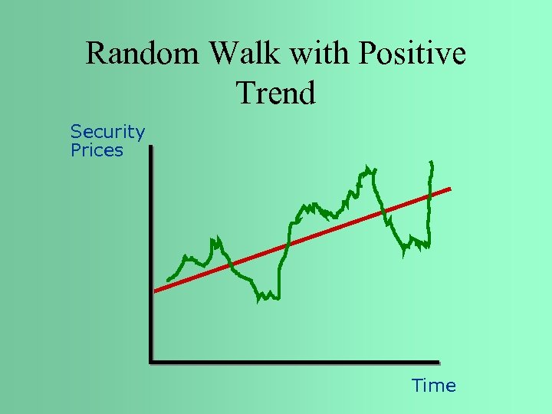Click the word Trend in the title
[x=276, y=94]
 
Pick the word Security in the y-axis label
[x=107, y=132]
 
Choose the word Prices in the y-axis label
[x=97, y=150]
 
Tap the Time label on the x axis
[x=433, y=386]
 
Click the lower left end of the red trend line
[x=156, y=291]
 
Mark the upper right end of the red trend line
[x=450, y=189]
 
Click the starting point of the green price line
[x=168, y=280]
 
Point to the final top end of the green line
[x=432, y=163]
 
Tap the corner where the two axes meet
[x=151, y=361]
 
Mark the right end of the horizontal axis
[x=439, y=361]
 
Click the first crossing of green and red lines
[x=229, y=266]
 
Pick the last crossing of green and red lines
[x=430, y=195]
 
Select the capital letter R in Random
[x=95, y=55]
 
